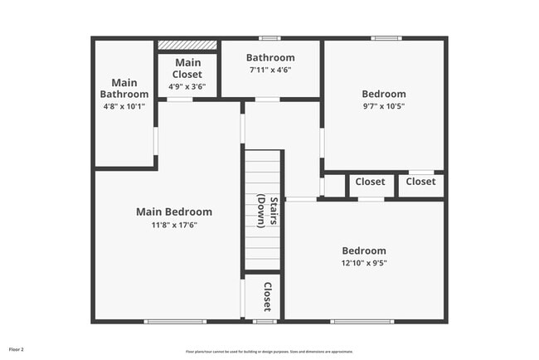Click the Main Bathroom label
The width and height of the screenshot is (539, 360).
[124, 89]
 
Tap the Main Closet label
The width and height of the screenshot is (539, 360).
[187, 68]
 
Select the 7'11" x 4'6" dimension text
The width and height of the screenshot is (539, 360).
[270, 71]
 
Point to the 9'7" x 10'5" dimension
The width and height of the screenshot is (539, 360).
[382, 107]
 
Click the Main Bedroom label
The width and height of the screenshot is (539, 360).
[174, 212]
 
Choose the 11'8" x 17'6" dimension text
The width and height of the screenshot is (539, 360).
[174, 225]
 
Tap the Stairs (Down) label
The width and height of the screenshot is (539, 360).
[263, 209]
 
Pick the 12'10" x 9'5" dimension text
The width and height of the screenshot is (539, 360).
[364, 263]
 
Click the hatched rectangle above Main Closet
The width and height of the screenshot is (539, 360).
[187, 45]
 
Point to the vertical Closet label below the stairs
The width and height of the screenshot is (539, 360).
[268, 296]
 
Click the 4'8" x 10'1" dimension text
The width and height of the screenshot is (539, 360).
[124, 106]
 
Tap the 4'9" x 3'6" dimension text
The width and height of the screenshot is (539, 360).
[187, 86]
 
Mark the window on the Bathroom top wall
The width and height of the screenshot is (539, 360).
[269, 38]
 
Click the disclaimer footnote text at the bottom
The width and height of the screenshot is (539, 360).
[269, 351]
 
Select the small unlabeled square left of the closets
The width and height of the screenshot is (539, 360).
[334, 186]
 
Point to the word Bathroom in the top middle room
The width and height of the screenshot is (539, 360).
[270, 58]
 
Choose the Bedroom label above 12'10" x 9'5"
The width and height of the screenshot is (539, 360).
[364, 251]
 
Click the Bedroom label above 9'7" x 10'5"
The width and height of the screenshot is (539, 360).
[382, 94]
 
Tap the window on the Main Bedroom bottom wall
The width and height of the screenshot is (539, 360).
[175, 321]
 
